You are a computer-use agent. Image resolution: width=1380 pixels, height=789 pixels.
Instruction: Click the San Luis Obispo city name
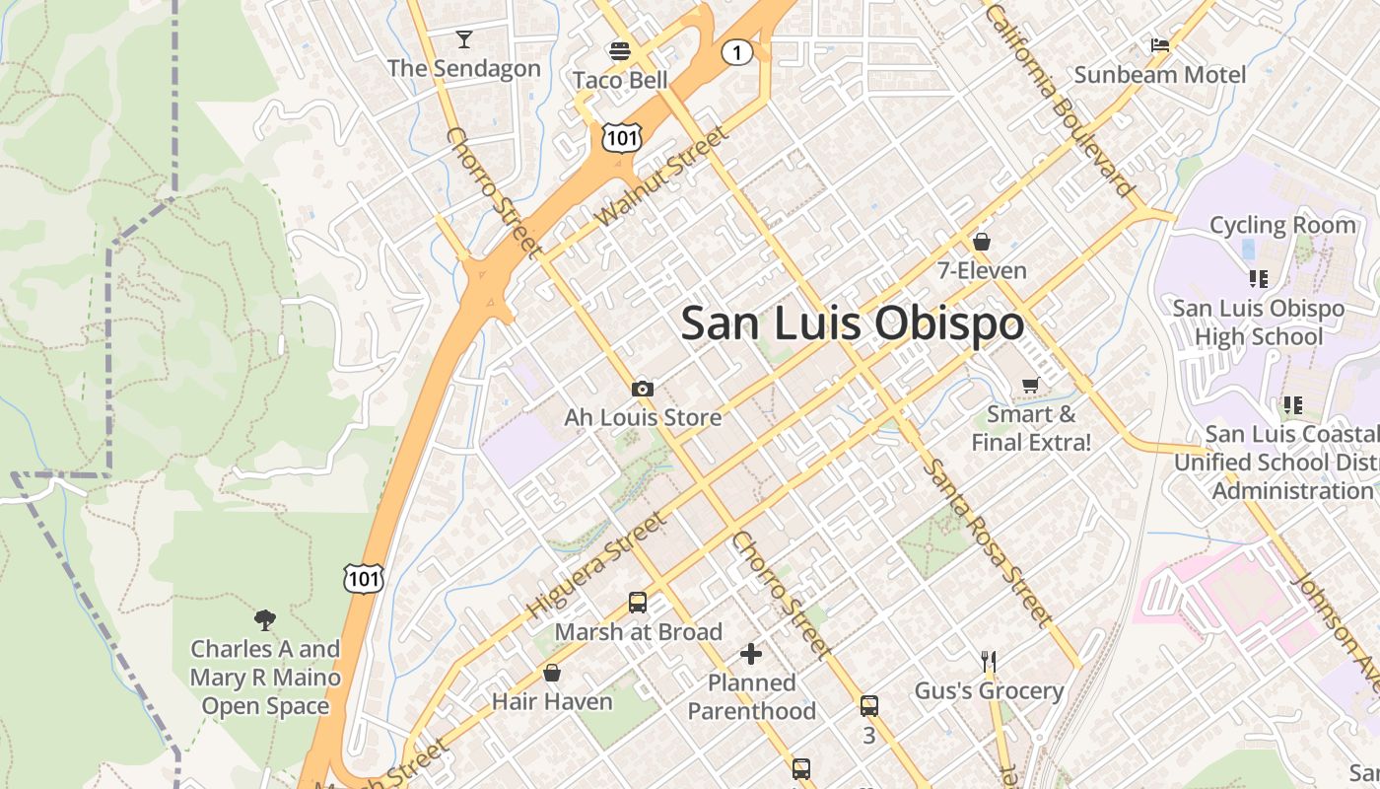[853, 323]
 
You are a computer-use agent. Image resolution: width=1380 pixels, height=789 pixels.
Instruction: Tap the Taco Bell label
[620, 80]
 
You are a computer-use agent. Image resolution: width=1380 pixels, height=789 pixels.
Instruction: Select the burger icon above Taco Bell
[620, 50]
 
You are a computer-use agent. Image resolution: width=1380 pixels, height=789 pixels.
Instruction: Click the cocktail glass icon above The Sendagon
[464, 39]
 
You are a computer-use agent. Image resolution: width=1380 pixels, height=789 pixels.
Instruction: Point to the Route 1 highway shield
[737, 52]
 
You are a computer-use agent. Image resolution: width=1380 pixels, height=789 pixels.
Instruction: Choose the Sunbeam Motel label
[1160, 75]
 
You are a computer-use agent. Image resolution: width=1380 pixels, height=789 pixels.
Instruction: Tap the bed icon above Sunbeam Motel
[1160, 45]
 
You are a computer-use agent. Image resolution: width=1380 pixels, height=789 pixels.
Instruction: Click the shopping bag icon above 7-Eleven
[982, 242]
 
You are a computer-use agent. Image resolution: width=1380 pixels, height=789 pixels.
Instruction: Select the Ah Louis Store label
[643, 417]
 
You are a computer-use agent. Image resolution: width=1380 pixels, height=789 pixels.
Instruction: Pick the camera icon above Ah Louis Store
[643, 389]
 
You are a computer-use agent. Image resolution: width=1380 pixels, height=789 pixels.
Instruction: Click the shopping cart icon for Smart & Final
[1031, 386]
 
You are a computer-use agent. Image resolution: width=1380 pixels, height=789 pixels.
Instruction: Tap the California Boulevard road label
[1060, 99]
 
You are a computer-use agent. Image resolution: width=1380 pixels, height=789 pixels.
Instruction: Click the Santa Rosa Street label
[986, 542]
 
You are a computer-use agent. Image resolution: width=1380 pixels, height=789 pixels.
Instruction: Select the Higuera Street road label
[596, 567]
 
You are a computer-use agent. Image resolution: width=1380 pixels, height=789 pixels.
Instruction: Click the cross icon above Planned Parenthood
[751, 653]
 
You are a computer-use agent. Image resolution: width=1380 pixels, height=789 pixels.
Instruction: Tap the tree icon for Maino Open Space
[264, 620]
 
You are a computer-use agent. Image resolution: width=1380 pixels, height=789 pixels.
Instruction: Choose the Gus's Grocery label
[989, 690]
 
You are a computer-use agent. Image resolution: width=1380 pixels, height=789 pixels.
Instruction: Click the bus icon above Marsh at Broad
[638, 603]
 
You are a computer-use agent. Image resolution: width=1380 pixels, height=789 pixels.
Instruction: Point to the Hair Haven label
[552, 701]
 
